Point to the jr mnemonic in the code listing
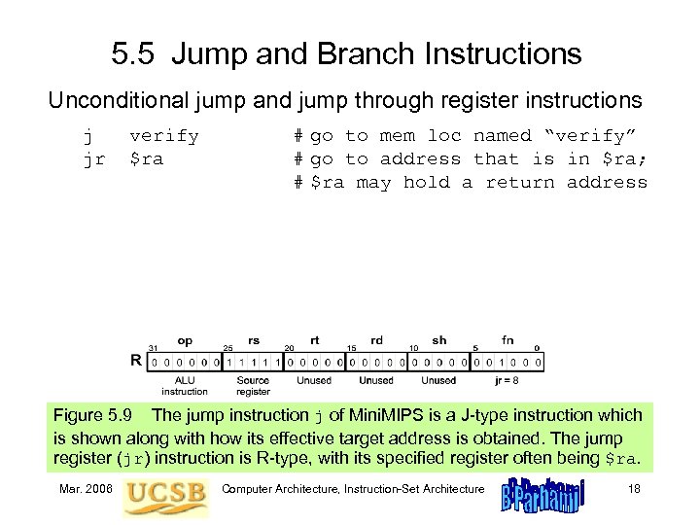coord(93,158)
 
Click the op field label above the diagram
coord(184,341)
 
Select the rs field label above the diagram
coord(254,341)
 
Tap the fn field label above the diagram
coord(507,341)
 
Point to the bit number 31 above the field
coord(153,348)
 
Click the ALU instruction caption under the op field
coord(184,386)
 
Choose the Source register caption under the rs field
coord(254,386)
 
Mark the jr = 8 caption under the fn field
coord(507,380)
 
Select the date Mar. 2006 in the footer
coord(86,487)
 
